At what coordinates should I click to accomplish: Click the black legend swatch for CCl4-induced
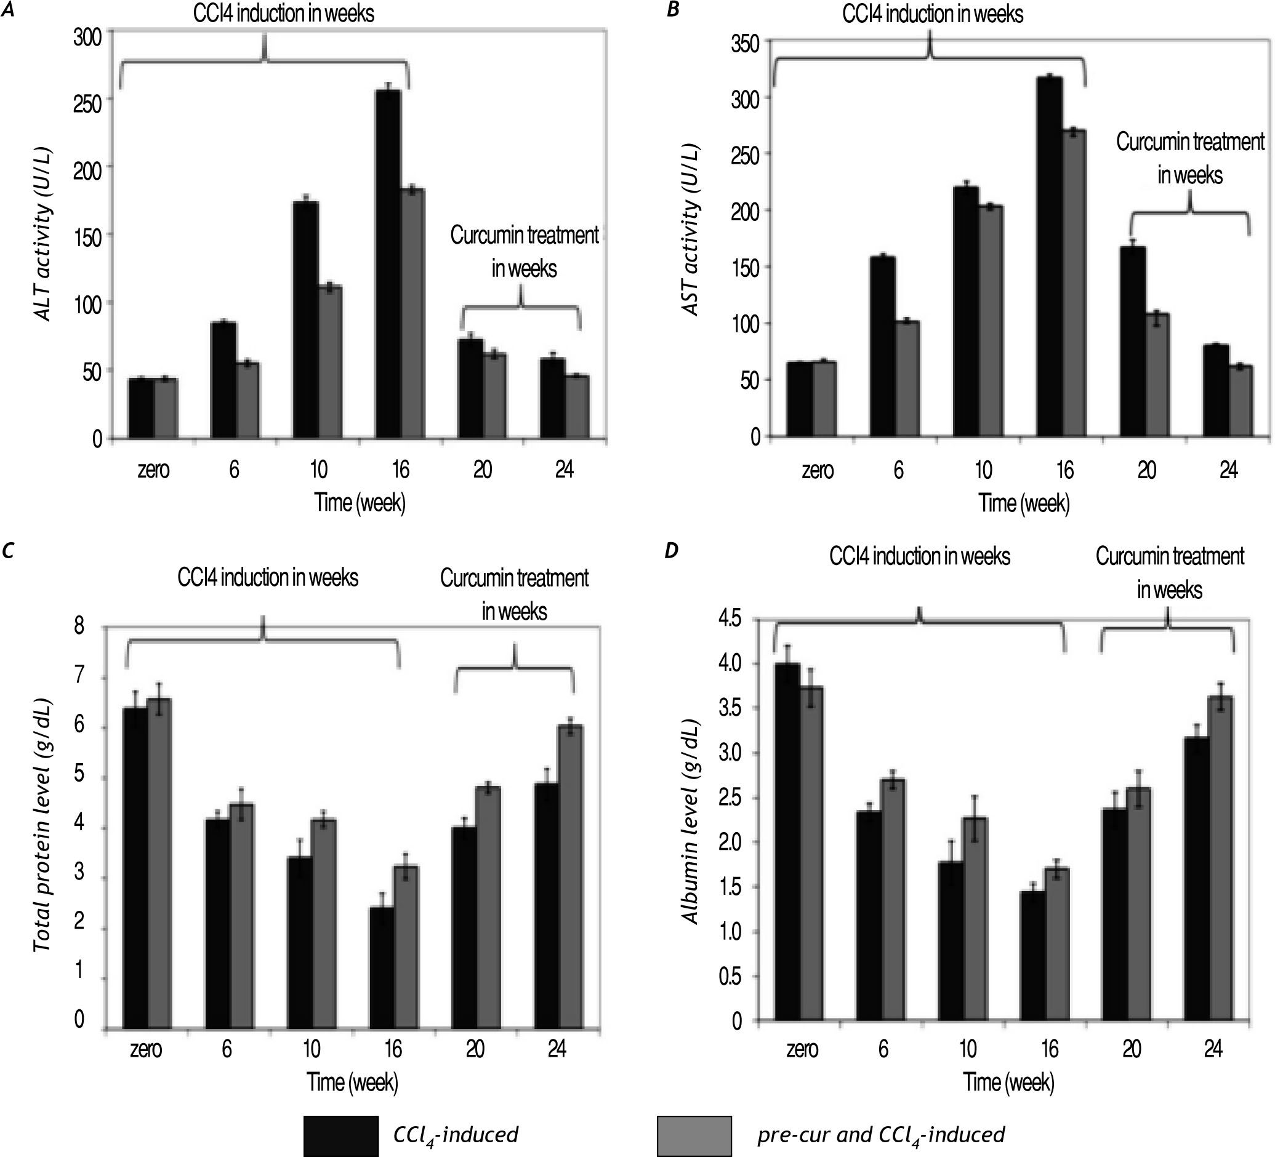click(x=341, y=1135)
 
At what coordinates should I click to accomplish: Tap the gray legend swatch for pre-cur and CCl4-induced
click(x=694, y=1135)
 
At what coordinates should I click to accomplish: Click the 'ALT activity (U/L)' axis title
click(x=43, y=234)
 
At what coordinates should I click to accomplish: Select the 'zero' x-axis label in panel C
click(x=145, y=1049)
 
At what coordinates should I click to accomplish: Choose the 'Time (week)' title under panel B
click(x=1024, y=503)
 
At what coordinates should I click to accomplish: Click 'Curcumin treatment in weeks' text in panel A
click(x=524, y=252)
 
